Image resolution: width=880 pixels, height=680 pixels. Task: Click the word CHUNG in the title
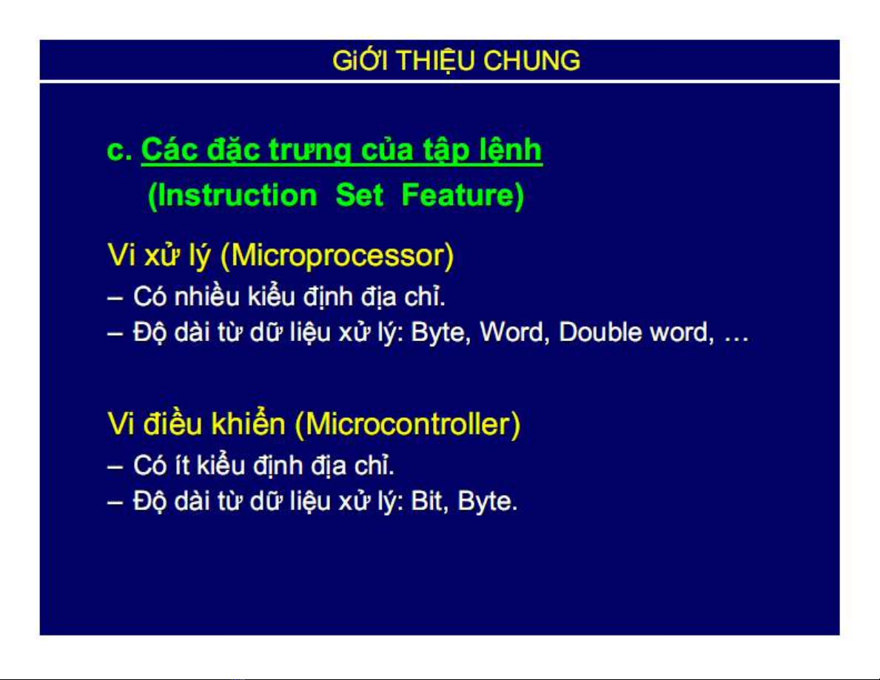[x=531, y=61]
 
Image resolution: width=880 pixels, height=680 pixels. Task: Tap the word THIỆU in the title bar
[x=436, y=61]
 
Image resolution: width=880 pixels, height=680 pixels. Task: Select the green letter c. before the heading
[x=120, y=150]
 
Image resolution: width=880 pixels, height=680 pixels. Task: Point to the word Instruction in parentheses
[x=232, y=195]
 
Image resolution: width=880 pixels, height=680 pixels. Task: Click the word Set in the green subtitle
[x=359, y=195]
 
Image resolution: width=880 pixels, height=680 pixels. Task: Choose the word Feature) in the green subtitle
[x=463, y=195]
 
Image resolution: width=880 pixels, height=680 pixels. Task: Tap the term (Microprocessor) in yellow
[x=337, y=255]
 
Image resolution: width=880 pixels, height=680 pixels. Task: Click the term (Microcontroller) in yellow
[x=408, y=423]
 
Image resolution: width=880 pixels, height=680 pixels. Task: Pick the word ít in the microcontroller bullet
[x=182, y=465]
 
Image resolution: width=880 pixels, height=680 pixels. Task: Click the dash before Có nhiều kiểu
[x=115, y=298]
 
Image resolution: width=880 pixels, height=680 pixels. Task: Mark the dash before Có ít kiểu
[x=115, y=467]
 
